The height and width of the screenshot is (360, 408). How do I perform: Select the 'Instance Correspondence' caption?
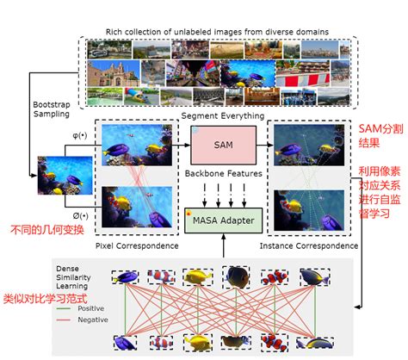tap(296, 247)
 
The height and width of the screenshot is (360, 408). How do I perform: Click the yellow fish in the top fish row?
tap(198, 277)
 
